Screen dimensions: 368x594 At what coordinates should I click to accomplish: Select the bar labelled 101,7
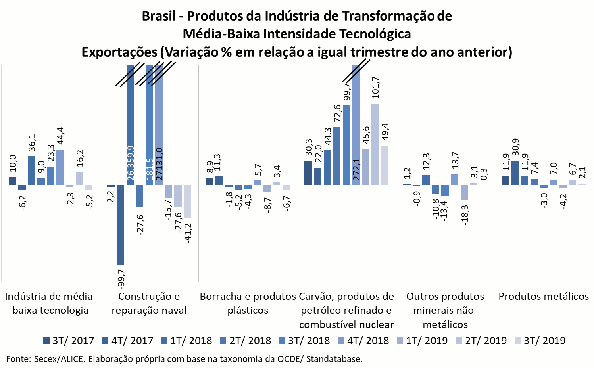[375, 144]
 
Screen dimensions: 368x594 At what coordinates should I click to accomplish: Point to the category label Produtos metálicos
[544, 296]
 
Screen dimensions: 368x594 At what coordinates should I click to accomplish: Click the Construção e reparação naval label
[149, 303]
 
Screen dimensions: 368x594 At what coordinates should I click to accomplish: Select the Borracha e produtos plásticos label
[248, 303]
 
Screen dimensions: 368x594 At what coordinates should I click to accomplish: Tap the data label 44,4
[60, 136]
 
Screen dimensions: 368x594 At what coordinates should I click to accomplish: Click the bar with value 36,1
[31, 171]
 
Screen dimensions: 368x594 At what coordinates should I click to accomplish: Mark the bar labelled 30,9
[515, 172]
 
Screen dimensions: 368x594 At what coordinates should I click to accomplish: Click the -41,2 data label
[188, 233]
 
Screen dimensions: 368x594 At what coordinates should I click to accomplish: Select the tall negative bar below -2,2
[121, 225]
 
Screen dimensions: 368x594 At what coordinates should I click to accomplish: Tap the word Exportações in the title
[119, 52]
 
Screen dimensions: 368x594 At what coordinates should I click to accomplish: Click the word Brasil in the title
[158, 16]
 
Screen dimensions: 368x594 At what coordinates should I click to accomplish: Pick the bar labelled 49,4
[384, 165]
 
